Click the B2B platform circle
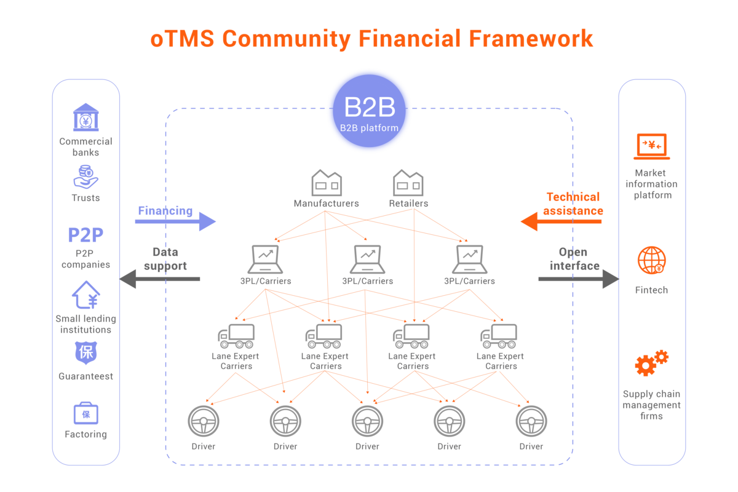point(368,111)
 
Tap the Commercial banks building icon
point(85,117)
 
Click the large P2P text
point(85,236)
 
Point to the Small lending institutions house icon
point(85,295)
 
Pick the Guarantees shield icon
point(85,353)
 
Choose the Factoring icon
point(85,413)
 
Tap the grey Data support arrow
point(159,279)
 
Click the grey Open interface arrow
point(578,279)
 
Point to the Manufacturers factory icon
point(327,183)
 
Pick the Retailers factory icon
point(408,183)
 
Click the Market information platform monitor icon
point(651,146)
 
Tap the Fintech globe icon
point(651,260)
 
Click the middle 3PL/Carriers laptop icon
point(368,259)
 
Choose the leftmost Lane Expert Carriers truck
point(236,336)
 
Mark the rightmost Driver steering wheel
point(531,421)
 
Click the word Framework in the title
point(531,39)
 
